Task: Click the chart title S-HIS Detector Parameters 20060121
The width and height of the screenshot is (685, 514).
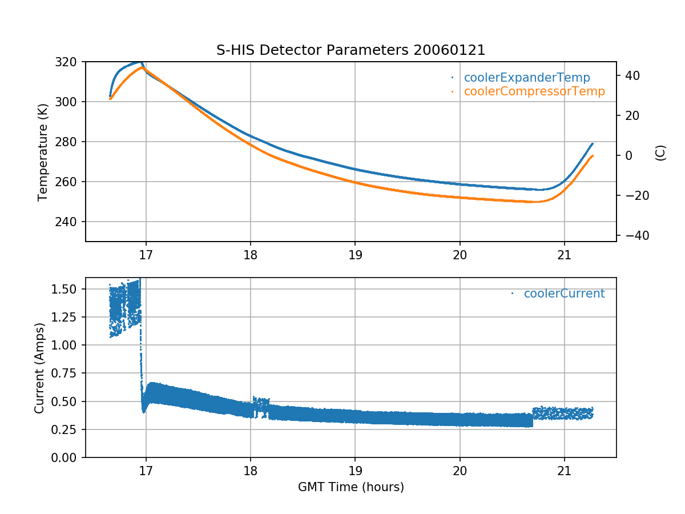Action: [x=350, y=50]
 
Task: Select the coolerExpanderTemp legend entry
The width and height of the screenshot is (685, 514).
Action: [x=527, y=78]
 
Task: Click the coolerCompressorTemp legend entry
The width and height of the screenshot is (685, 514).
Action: [x=534, y=91]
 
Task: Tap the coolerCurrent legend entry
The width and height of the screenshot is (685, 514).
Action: [x=564, y=294]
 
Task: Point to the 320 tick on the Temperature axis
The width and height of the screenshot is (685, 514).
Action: [x=70, y=62]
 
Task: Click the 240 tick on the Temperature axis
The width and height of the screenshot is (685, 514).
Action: [x=70, y=222]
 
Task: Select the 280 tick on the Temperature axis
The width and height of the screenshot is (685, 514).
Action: [x=70, y=142]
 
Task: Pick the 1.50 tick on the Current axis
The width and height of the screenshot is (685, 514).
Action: [x=66, y=289]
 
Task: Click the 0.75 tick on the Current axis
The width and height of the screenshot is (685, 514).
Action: [x=66, y=374]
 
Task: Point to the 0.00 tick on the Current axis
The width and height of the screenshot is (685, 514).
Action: [x=66, y=457]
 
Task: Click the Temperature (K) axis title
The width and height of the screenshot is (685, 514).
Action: [x=42, y=151]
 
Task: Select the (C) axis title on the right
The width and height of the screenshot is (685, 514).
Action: [x=660, y=152]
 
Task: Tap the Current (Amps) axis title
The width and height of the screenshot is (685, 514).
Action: [x=39, y=368]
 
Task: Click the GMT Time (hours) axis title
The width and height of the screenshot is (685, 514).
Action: [x=350, y=487]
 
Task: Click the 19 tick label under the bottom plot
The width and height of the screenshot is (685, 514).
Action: [x=355, y=472]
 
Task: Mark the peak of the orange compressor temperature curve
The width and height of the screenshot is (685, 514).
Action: [x=142, y=67]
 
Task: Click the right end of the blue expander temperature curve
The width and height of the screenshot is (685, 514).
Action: [x=593, y=143]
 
